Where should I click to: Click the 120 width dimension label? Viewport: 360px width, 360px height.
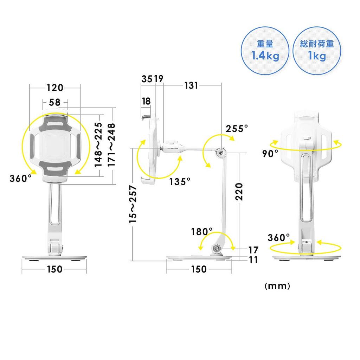[x=55, y=88]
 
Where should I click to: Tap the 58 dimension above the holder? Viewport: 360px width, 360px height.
[x=54, y=102]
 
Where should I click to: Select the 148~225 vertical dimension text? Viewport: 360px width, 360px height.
[x=98, y=144]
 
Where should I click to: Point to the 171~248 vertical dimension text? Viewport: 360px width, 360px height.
[x=111, y=145]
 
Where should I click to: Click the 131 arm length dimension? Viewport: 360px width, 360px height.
[x=191, y=86]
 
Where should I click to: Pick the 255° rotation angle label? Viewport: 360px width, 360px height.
[x=237, y=129]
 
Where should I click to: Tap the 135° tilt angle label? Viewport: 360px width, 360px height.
[x=180, y=182]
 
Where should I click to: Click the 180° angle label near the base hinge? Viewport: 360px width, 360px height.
[x=202, y=232]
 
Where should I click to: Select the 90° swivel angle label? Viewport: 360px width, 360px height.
[x=270, y=154]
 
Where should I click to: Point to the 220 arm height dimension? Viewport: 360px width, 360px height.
[x=239, y=192]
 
